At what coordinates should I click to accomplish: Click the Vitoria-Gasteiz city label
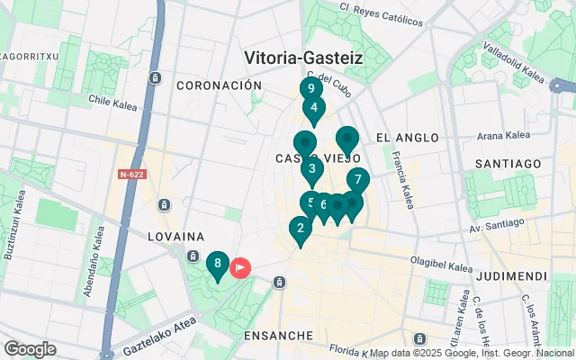[x=303, y=58]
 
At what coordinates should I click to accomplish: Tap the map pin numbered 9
[x=310, y=89]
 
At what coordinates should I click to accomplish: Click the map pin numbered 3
[x=311, y=168]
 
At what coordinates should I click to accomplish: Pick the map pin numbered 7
[x=357, y=180]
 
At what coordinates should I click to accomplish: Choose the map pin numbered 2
[x=300, y=229]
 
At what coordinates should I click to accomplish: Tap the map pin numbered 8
[x=217, y=265]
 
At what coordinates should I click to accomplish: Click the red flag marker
[x=241, y=267]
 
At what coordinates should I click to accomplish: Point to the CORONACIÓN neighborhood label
[x=219, y=85]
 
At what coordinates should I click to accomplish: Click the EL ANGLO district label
[x=408, y=138]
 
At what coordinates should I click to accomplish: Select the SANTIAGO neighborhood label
[x=509, y=164]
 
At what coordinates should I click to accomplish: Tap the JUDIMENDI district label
[x=512, y=274]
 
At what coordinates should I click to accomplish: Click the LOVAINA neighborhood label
[x=177, y=236]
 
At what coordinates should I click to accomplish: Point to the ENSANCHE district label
[x=278, y=335]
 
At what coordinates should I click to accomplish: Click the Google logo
[x=30, y=348]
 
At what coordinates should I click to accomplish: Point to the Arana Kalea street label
[x=501, y=136]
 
